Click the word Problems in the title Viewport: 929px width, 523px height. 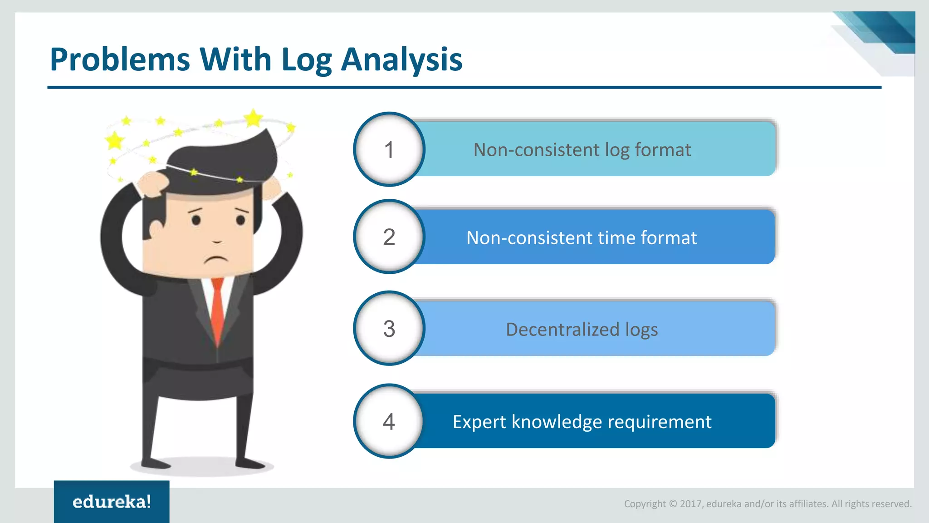point(120,59)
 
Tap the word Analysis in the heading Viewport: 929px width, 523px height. point(401,59)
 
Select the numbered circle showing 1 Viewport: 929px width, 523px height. point(389,149)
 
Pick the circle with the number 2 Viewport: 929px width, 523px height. point(389,237)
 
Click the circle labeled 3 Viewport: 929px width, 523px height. point(389,329)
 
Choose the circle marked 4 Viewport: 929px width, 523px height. point(389,421)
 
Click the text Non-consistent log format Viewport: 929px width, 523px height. point(582,150)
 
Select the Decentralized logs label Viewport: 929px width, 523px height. point(582,330)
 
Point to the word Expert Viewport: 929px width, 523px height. point(479,422)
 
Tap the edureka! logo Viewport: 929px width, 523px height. point(112,502)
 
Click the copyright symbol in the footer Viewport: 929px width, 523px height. point(673,504)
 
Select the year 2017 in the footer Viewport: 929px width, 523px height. point(691,504)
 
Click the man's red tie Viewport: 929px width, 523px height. point(217,309)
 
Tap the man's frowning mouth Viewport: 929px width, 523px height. point(216,260)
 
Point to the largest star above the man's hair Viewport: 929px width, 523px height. point(253,118)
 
